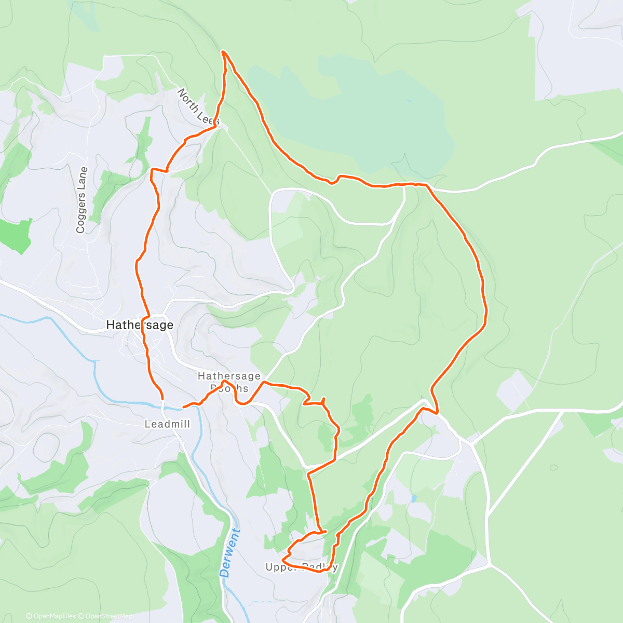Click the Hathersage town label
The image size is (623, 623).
[140, 325]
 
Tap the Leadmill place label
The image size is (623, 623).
[167, 424]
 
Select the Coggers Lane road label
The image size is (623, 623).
[82, 200]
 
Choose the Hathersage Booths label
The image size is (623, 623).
[229, 382]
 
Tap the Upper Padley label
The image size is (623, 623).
[302, 567]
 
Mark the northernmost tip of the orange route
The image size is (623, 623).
[223, 51]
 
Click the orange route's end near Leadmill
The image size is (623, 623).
[162, 398]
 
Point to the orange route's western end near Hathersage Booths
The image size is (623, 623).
[184, 407]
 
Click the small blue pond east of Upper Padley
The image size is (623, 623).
[413, 498]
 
